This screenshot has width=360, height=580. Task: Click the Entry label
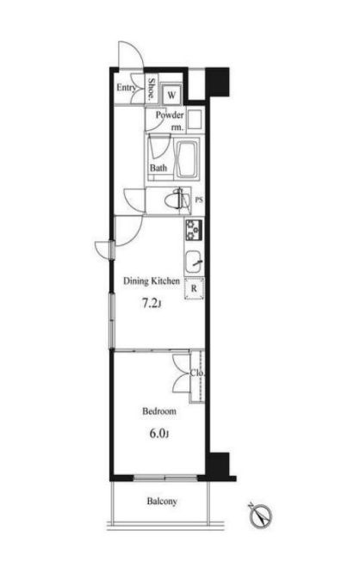click(x=127, y=88)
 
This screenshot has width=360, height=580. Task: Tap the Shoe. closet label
click(x=152, y=89)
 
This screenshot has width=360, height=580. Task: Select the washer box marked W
click(x=171, y=95)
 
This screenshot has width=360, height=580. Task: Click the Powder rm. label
click(x=170, y=121)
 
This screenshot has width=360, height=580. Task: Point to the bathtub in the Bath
click(x=188, y=158)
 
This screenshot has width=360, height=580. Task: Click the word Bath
click(x=158, y=168)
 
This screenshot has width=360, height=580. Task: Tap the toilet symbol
click(x=177, y=201)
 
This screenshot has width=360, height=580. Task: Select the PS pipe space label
click(x=199, y=201)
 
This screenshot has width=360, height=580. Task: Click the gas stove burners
click(x=194, y=230)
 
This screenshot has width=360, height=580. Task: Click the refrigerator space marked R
click(x=194, y=288)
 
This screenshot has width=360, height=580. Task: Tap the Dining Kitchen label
click(x=152, y=281)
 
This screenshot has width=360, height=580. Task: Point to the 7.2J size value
click(x=152, y=304)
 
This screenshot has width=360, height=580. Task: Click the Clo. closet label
click(x=197, y=373)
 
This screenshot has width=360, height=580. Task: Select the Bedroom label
click(x=159, y=411)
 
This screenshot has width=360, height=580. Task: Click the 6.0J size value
click(x=159, y=434)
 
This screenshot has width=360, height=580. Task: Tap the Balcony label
click(x=162, y=502)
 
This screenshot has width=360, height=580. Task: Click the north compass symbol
click(x=261, y=515)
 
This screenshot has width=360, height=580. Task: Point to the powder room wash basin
click(x=195, y=120)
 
